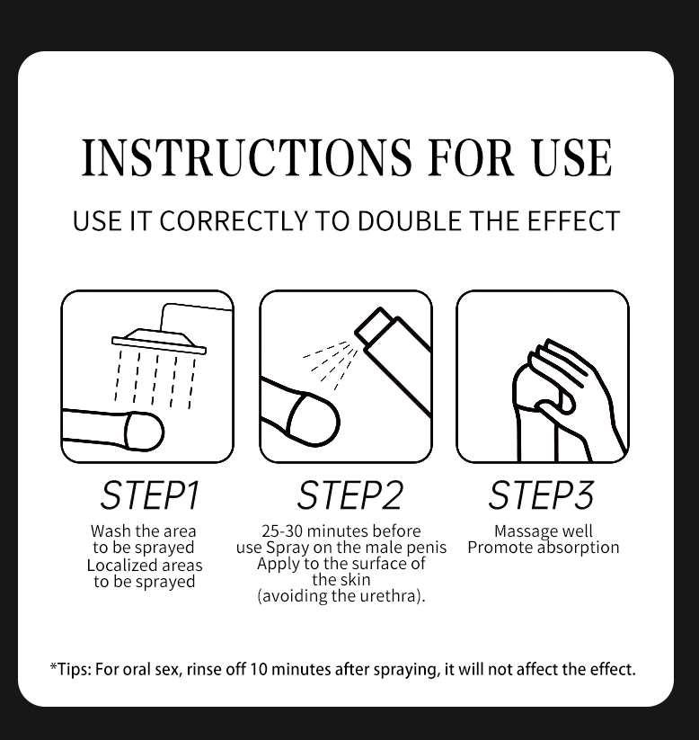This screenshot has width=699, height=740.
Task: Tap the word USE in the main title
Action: point(572,157)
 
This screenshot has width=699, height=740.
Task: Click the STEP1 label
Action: point(150,495)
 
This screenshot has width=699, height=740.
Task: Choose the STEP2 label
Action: point(349,495)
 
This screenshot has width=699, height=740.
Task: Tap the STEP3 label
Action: point(541,495)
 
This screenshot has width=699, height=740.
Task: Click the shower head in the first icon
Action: point(159,342)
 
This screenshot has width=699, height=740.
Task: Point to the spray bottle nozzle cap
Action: point(373,326)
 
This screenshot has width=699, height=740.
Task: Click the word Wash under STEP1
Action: point(111,531)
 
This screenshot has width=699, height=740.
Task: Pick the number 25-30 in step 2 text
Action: point(282,531)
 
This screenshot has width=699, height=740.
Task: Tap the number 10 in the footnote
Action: point(259,669)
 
